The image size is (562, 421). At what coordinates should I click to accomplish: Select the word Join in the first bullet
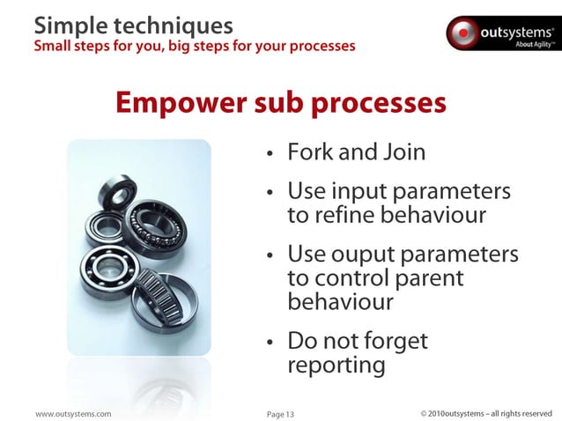(x=403, y=152)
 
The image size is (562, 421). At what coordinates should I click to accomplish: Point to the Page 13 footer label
(x=281, y=413)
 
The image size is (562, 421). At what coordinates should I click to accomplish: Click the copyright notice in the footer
(x=485, y=413)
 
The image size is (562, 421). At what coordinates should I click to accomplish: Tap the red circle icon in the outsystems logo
(x=462, y=33)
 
